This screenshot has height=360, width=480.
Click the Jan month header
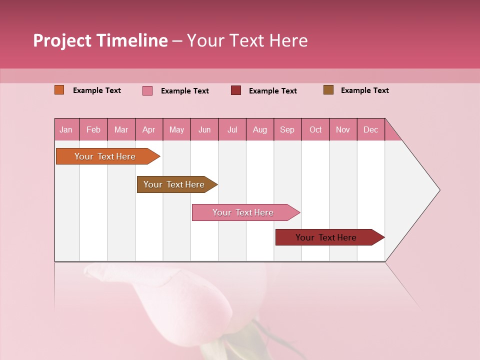click(x=66, y=129)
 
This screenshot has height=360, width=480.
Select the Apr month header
click(x=149, y=129)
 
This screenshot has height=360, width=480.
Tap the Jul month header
click(x=232, y=129)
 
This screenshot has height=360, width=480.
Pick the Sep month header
click(x=287, y=129)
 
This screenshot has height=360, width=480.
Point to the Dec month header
click(x=370, y=129)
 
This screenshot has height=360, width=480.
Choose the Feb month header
click(x=93, y=129)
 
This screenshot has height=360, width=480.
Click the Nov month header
click(x=343, y=129)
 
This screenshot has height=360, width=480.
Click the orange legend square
click(x=59, y=90)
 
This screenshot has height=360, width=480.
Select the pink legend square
click(x=147, y=90)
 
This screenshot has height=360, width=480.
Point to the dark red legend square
click(x=236, y=90)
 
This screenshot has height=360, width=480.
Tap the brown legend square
click(x=328, y=90)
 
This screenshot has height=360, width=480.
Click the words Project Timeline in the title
click(x=100, y=40)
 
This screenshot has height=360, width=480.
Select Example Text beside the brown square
click(x=364, y=90)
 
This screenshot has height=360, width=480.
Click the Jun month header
click(x=204, y=129)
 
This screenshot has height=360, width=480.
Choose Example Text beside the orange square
click(x=97, y=90)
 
